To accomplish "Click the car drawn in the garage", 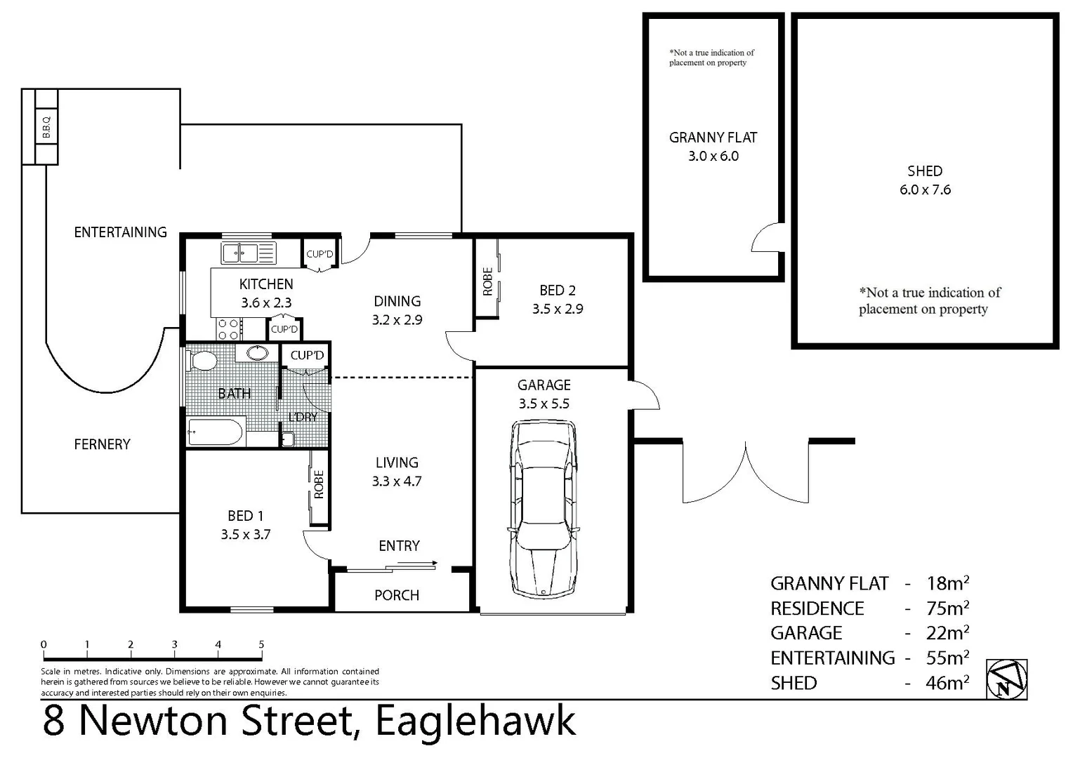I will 545,509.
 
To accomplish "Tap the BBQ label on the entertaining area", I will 46,127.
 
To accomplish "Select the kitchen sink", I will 249,253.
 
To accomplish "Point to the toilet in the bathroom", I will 202,361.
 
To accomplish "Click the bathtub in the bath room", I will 215,432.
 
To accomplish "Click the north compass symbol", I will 1006,679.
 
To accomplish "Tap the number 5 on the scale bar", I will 261,644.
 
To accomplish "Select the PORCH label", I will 397,595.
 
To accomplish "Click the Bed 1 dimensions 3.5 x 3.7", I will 245,534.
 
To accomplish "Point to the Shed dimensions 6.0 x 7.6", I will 925,189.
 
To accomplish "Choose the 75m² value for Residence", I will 947,608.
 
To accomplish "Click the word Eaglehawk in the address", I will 475,721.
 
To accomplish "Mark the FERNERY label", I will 102,444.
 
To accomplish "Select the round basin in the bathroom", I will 258,352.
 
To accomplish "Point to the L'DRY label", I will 303,417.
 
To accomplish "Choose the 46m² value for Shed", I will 947,682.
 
